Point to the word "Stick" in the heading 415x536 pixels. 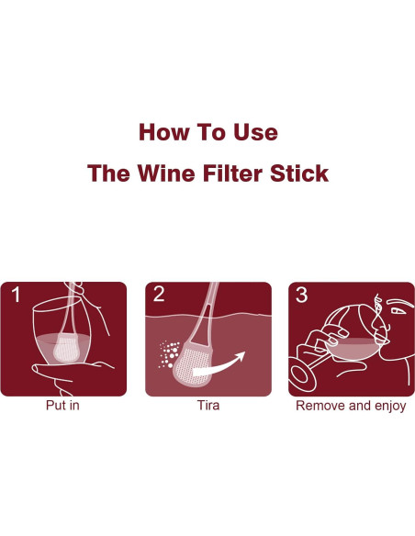click(x=300, y=173)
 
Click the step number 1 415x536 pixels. click(x=17, y=296)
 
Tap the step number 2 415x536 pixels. click(x=160, y=296)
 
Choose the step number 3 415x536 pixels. click(x=301, y=296)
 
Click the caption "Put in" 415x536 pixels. click(x=62, y=406)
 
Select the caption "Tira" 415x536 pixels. click(x=207, y=406)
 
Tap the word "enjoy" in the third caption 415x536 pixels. click(x=387, y=406)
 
